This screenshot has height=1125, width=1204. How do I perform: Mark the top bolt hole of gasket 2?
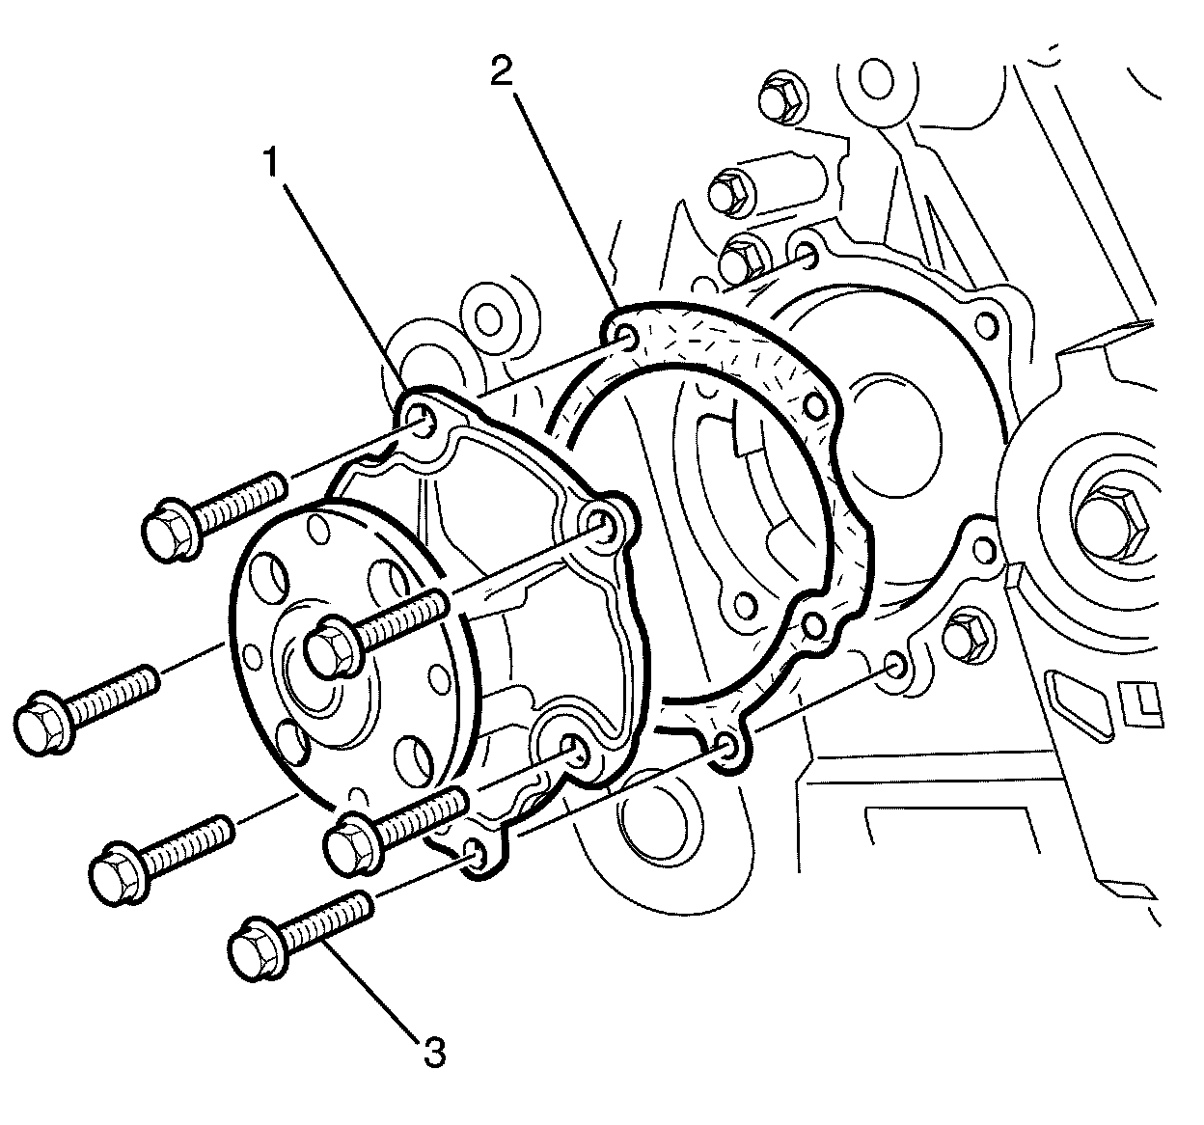tap(625, 337)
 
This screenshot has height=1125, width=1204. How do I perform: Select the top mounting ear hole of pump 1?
tap(422, 416)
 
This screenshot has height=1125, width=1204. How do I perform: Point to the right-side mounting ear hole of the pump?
tap(607, 525)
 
